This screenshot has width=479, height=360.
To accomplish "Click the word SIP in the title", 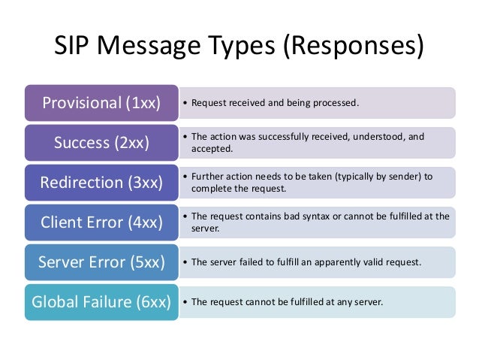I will click(74, 46).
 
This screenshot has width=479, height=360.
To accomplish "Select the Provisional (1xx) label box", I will click(101, 102).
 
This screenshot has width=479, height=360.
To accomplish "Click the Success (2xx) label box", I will click(101, 142).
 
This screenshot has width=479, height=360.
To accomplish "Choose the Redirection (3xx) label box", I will click(101, 182).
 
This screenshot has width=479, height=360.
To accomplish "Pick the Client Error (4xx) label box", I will click(101, 222).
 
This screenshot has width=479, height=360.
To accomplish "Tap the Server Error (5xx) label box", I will click(101, 262).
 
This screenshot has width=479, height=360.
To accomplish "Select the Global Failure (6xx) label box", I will click(101, 302).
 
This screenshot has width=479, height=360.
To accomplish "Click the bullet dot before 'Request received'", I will click(185, 103).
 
